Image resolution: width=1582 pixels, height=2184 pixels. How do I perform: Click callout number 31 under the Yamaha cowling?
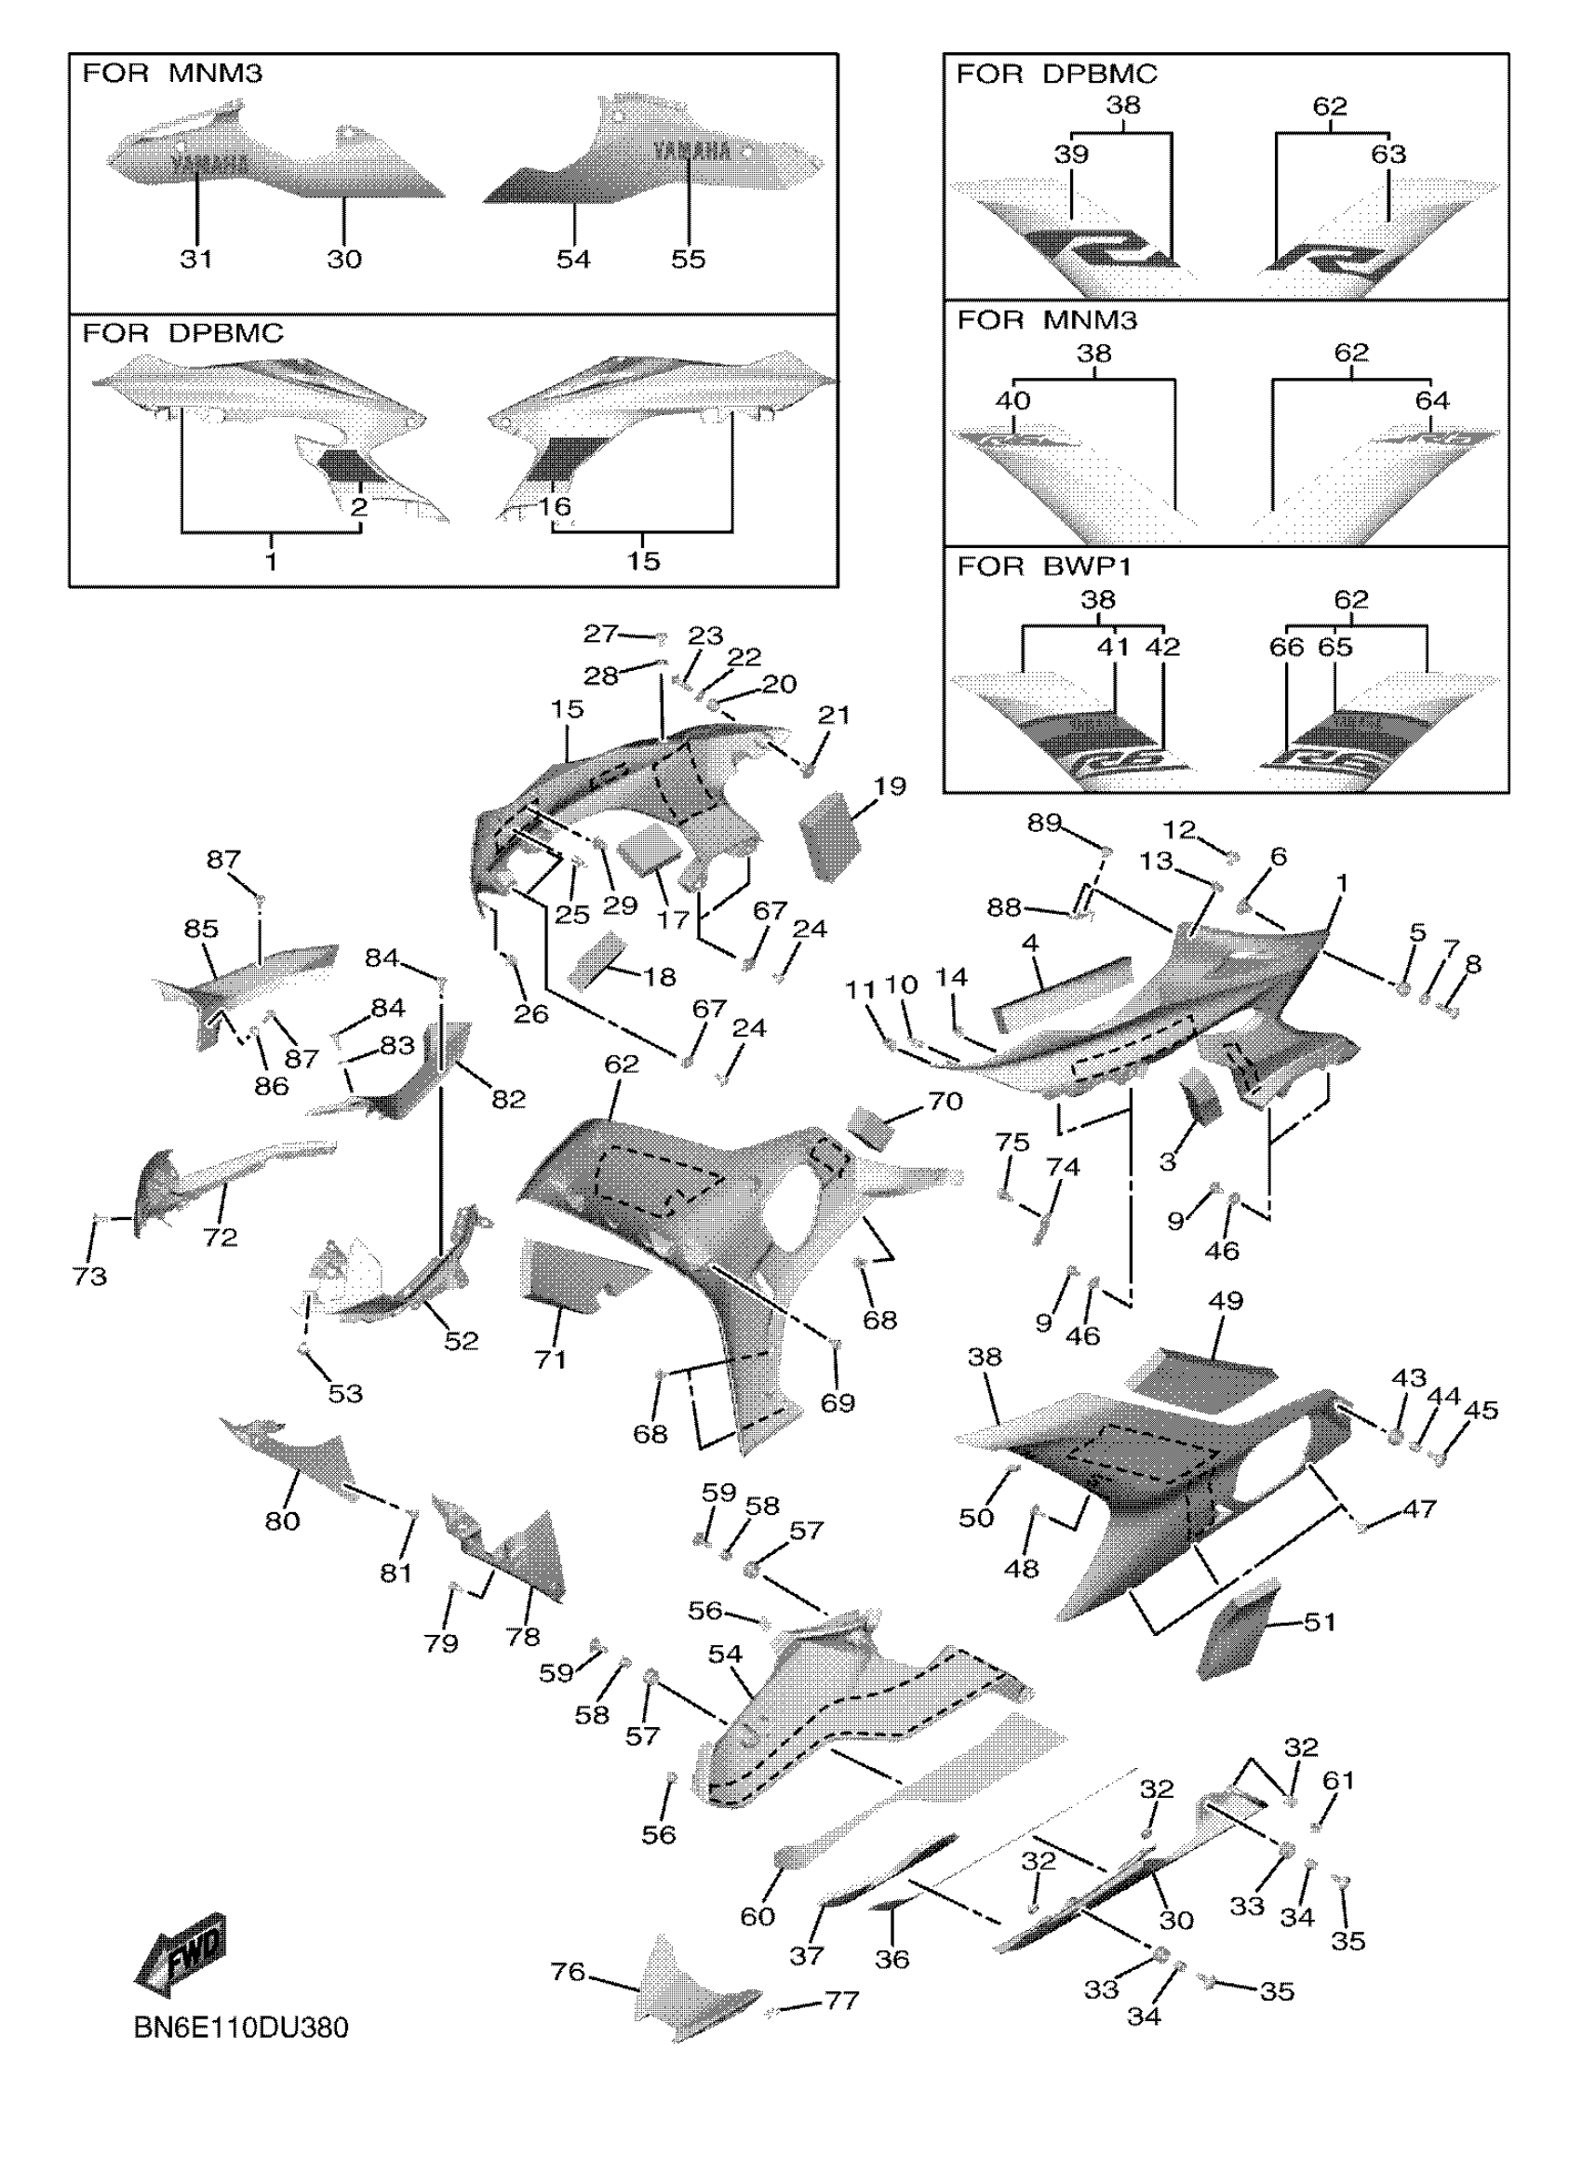pos(196,258)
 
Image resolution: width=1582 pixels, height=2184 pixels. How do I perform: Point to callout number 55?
pos(689,258)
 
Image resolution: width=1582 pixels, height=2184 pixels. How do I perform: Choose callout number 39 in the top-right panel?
pos(1071,154)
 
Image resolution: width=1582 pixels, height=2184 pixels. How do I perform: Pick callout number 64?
pos(1432,399)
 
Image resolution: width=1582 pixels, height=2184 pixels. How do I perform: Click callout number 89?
pos(1044,824)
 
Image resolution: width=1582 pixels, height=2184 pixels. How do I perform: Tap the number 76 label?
pos(568,1972)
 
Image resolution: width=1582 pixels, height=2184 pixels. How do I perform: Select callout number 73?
pos(89,1276)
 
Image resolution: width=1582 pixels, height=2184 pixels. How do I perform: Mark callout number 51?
pos(1320,1622)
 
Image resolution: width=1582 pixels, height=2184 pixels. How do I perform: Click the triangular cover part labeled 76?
pos(689,1993)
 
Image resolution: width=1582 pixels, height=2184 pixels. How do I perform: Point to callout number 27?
pos(600,633)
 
